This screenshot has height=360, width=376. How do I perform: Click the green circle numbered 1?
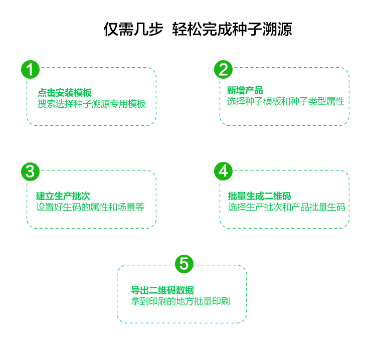[x=30, y=70]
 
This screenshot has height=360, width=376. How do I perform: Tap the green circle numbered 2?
[x=223, y=70]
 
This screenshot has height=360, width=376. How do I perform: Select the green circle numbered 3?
[x=30, y=171]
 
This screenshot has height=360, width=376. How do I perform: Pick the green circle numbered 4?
[x=223, y=171]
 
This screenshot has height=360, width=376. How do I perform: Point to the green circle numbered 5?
[x=184, y=264]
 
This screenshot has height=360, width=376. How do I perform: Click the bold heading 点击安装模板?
[x=65, y=93]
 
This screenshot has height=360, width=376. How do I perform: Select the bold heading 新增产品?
[x=245, y=90]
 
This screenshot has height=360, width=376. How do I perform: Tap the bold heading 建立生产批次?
[x=63, y=196]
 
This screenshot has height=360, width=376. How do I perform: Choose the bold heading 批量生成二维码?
[x=259, y=196]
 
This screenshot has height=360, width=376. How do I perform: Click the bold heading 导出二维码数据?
[x=162, y=290]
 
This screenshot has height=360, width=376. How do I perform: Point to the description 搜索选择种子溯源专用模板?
[x=92, y=104]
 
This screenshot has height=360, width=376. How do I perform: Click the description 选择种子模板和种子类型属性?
[x=286, y=101]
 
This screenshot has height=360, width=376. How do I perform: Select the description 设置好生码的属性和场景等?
[x=90, y=207]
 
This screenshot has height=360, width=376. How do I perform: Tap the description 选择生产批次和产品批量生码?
[x=286, y=207]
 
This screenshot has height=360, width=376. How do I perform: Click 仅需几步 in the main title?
[x=133, y=29]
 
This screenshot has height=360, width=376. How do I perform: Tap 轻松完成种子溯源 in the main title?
[x=232, y=29]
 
